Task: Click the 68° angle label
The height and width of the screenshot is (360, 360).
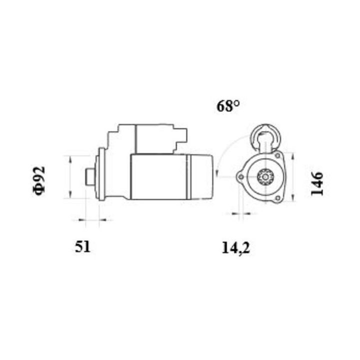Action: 228,105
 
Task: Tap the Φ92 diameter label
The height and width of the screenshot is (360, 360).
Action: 39,180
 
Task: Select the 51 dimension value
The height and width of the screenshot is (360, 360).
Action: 83,246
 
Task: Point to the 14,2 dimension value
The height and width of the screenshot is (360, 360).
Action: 235,247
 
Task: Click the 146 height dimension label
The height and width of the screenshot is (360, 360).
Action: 317,183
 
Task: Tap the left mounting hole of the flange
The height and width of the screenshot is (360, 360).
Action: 240,177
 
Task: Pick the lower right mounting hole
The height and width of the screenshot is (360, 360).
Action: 277,199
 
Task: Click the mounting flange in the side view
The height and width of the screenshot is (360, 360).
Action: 101,174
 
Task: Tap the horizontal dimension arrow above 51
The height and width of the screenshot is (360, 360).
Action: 92,219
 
